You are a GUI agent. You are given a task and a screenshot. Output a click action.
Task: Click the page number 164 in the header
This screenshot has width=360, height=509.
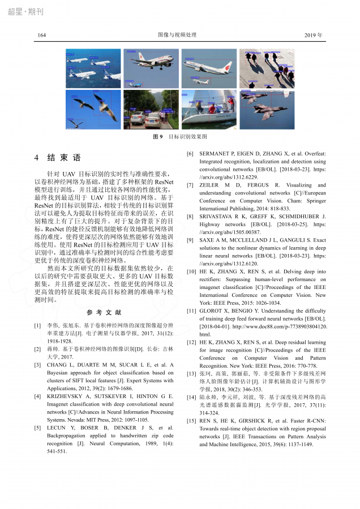[42, 35]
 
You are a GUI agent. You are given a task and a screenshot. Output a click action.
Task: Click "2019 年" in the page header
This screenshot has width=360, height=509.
[313, 35]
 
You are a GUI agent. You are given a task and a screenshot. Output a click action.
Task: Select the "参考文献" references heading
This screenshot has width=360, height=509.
[104, 313]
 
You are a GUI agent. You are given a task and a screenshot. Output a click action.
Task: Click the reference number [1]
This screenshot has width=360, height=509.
[37, 326]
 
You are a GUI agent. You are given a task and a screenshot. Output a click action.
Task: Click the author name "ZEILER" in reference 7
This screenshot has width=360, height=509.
[211, 185]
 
